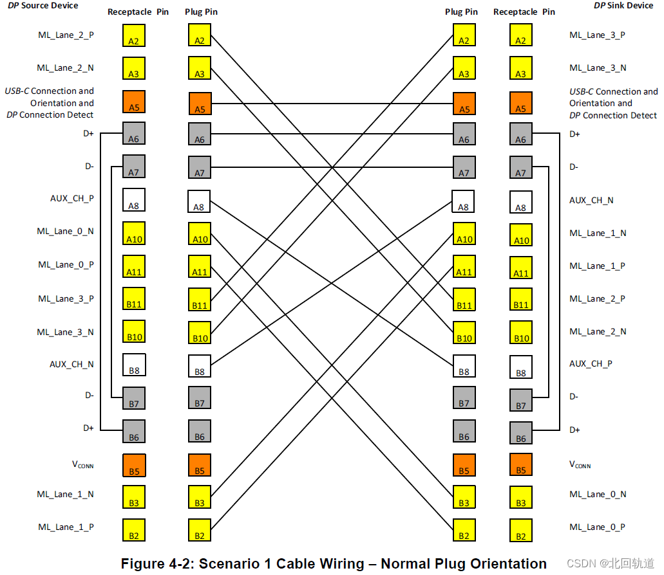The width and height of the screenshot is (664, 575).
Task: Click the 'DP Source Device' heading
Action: [43, 6]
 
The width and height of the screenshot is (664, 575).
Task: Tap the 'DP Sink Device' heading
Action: [623, 6]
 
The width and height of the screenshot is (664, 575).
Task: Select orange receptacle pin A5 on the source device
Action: [134, 102]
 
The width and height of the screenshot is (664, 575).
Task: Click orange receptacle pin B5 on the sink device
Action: [520, 464]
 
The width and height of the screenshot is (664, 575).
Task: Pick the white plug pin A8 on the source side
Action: [199, 201]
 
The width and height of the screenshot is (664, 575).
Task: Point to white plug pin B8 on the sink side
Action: [464, 366]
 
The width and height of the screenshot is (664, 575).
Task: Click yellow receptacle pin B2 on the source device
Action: [134, 530]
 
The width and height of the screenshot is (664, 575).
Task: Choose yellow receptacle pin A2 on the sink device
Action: [520, 35]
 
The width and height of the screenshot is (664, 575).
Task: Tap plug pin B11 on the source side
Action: [200, 300]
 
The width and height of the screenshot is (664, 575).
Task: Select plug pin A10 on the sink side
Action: [464, 234]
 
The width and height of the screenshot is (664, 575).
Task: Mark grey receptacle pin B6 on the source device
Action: [134, 431]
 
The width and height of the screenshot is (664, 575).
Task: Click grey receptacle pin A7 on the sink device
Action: [520, 167]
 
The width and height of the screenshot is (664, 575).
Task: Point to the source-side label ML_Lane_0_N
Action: [66, 231]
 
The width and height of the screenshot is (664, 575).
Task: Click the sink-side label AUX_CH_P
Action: [591, 363]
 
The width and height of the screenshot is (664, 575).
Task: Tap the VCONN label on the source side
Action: [81, 464]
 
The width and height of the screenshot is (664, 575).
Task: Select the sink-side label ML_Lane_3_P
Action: [597, 35]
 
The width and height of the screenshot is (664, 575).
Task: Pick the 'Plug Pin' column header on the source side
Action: [201, 12]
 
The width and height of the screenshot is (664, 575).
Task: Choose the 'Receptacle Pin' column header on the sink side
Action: [524, 12]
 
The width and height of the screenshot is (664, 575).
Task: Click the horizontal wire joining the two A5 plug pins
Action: [332, 103]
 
